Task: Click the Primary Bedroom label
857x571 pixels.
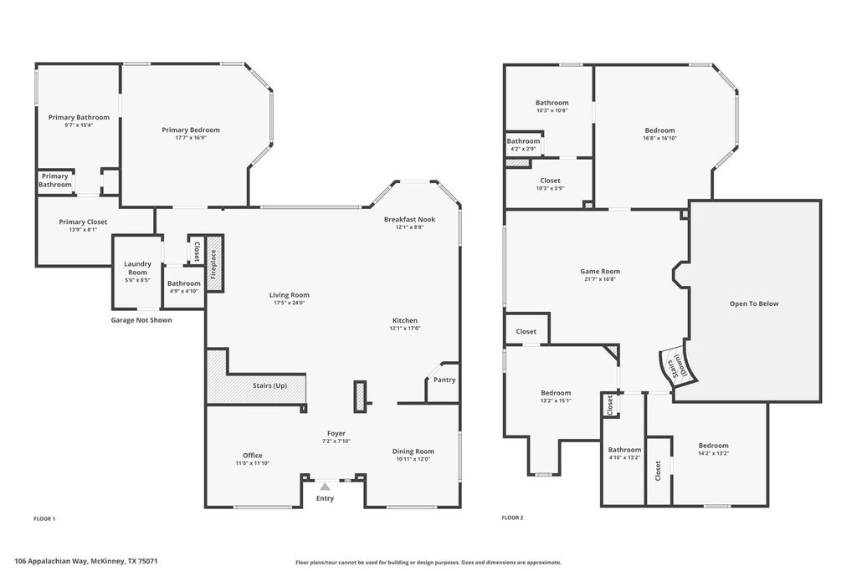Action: (x=191, y=130)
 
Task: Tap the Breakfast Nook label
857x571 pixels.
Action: (x=409, y=219)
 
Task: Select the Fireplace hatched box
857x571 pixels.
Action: (x=214, y=264)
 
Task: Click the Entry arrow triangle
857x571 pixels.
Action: (x=326, y=487)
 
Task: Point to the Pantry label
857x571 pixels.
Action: (x=444, y=380)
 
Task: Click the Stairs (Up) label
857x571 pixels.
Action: (x=270, y=385)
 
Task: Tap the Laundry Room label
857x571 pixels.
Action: (x=137, y=268)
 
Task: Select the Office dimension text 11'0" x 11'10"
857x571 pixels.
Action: (x=253, y=463)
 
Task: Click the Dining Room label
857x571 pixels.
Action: (x=413, y=451)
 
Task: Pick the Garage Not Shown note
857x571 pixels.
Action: (x=141, y=320)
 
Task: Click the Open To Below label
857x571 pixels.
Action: (x=754, y=303)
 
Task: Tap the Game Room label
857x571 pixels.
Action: (x=600, y=271)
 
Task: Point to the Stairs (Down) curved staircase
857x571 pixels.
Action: (x=676, y=365)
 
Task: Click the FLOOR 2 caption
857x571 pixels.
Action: (x=512, y=517)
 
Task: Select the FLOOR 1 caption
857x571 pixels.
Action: (x=44, y=518)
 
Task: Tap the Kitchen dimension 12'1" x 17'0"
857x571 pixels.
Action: (x=405, y=329)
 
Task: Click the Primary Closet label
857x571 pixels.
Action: (x=83, y=222)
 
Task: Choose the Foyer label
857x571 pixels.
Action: (x=336, y=433)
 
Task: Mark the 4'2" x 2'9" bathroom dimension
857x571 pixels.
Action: (x=523, y=149)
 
